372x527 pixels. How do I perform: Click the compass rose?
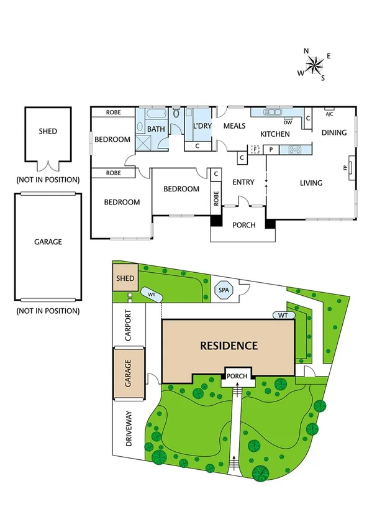pos(315,64)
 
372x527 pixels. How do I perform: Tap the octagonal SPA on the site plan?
pos(222,289)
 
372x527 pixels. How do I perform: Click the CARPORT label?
pos(129,325)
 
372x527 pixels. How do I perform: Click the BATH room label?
pos(156,129)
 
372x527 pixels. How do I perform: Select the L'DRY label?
pos(202,126)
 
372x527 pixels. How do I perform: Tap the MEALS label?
pos(234,126)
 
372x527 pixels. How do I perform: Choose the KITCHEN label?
pos(274,134)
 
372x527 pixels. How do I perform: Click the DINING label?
pos(333,132)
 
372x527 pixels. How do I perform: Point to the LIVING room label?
pos(311,183)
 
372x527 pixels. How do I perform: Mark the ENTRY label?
pos(243,182)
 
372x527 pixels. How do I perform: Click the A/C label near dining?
pos(329,114)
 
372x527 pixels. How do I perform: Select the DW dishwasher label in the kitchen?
pos(287,122)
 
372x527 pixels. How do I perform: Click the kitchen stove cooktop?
pos(294,149)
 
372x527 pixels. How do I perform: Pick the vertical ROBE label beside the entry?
pos(216,198)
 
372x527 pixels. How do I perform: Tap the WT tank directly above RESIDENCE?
pos(283,316)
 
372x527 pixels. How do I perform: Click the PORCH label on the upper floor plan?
pos(243,225)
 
